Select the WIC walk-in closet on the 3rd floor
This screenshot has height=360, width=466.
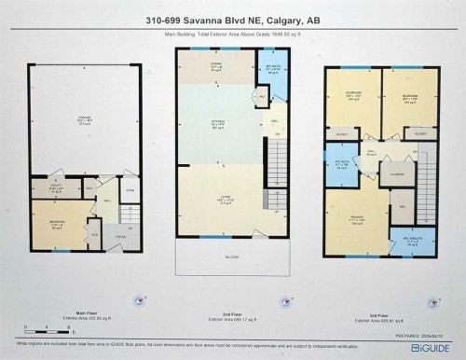point(405,205)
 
